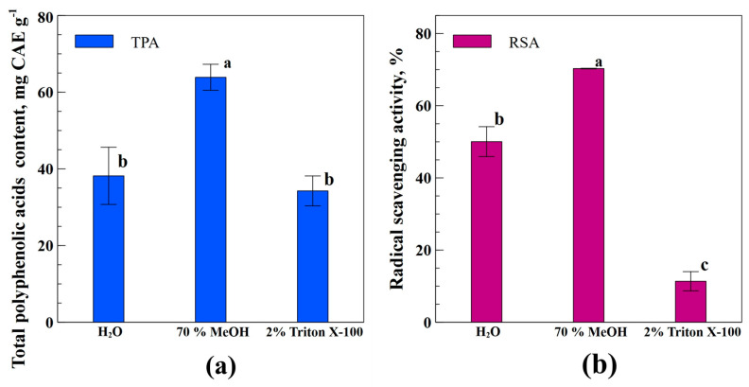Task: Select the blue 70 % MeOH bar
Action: point(210,200)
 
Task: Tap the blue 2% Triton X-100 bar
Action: point(312,256)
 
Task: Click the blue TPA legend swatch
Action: point(94,41)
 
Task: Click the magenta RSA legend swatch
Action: point(471,41)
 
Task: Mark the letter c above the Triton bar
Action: point(705,266)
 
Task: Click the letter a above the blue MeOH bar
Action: point(227,63)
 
